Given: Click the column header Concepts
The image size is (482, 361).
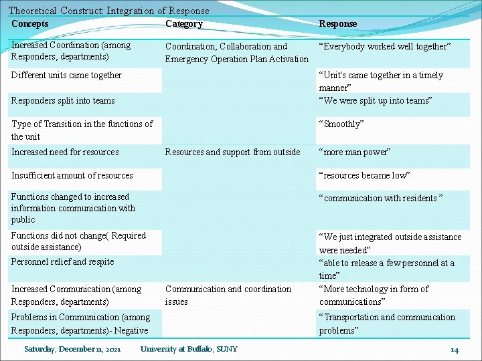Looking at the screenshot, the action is (30, 23).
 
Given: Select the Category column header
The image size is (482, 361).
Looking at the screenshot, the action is (184, 23).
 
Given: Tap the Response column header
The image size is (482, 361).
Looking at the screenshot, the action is (338, 23).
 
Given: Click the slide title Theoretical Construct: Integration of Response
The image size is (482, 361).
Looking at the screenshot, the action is (108, 10).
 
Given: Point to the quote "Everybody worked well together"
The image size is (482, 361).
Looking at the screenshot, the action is (385, 46).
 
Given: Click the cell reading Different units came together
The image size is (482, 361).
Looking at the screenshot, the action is (66, 75).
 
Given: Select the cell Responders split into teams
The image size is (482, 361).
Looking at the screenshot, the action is (63, 100).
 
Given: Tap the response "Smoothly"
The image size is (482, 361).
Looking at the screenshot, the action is (341, 124).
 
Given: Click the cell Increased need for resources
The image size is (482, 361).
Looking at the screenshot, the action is (65, 152).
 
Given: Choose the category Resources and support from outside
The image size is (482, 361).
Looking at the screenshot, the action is (232, 152).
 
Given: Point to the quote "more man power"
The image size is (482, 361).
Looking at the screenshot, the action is (355, 152).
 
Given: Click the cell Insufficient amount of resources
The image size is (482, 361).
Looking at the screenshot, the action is (72, 175).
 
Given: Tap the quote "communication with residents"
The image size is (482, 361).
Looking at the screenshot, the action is (381, 198).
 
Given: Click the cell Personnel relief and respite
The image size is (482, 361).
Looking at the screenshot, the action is (62, 261).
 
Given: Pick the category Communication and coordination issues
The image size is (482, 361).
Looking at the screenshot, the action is (228, 295).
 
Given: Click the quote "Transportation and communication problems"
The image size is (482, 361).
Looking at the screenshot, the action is (386, 324).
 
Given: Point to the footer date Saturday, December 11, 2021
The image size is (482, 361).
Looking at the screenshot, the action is (72, 349).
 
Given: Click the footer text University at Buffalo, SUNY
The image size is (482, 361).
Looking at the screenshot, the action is (189, 349).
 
